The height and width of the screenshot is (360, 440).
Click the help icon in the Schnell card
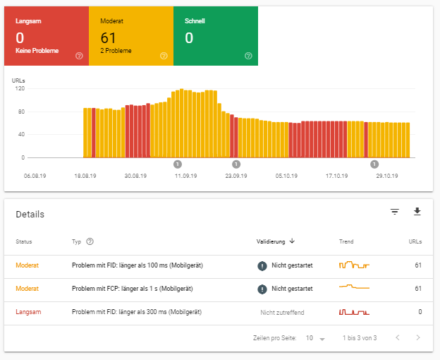tap(248, 56)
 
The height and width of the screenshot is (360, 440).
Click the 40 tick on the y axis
tap(20, 134)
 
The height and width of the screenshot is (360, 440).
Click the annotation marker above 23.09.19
tap(236, 164)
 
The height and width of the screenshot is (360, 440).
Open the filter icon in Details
tap(395, 212)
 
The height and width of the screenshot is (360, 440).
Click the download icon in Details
tap(417, 212)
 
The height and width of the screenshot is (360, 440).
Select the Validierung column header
tap(275, 241)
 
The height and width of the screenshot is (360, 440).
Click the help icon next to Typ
tap(90, 241)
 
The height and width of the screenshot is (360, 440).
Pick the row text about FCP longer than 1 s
tap(133, 289)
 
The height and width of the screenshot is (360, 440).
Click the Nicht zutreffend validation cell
tap(283, 312)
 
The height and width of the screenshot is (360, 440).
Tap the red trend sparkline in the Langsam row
tap(354, 311)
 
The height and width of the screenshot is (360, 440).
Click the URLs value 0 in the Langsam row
tap(420, 312)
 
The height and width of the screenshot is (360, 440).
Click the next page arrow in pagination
tap(418, 338)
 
